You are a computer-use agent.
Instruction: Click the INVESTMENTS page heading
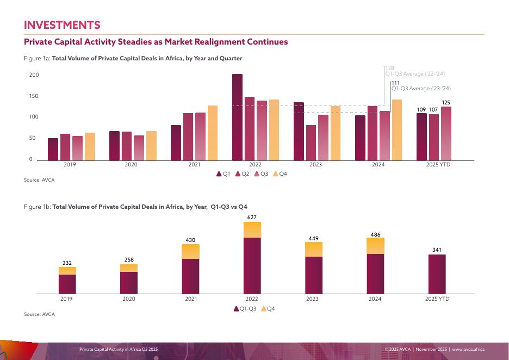tap(62, 25)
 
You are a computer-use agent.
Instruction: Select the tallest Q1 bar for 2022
tap(237, 117)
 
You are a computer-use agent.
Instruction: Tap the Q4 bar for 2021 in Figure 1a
tap(212, 133)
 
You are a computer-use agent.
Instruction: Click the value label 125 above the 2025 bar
tap(446, 102)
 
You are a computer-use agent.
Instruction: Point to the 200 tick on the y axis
tap(34, 75)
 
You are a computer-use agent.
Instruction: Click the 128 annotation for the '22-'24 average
tap(390, 68)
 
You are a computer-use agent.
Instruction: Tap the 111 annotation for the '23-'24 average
tap(395, 83)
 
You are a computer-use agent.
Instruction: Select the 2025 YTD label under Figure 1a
tap(438, 164)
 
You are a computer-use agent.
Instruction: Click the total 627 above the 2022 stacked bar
tap(252, 217)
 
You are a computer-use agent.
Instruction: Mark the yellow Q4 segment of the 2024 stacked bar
tap(375, 246)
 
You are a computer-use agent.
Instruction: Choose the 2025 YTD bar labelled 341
tap(437, 274)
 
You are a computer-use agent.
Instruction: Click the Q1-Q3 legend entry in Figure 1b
tap(245, 308)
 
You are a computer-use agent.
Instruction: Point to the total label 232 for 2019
tap(67, 263)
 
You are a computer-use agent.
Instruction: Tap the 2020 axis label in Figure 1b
tap(129, 299)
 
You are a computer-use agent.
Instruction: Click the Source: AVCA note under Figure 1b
tap(39, 314)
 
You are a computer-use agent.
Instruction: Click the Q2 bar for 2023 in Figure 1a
tap(311, 142)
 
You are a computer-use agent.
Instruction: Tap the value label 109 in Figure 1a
tap(421, 110)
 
